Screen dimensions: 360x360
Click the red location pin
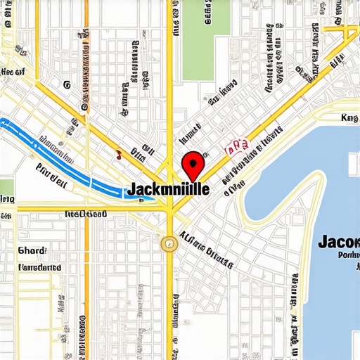192,166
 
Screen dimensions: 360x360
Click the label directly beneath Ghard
39,268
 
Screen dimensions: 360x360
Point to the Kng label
349,118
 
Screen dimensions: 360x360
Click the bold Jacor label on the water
339,241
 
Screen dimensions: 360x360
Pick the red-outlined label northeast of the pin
236,146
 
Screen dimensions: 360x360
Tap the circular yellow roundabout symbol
168,243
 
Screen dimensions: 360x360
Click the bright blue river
70,158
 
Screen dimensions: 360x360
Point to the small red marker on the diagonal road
120,152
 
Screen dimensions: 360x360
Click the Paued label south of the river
51,169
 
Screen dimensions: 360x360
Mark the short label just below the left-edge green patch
7,199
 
